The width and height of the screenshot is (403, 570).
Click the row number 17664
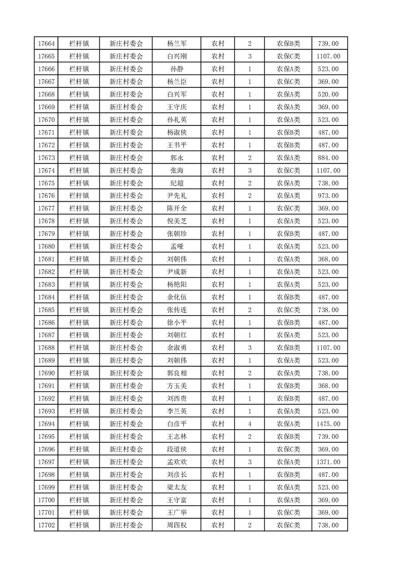[46, 44]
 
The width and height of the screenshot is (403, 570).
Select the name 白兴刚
[176, 56]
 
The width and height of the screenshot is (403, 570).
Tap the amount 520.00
[328, 94]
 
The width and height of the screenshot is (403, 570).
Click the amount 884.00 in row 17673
[328, 158]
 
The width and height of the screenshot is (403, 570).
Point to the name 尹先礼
[176, 196]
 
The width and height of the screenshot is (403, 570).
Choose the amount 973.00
[328, 196]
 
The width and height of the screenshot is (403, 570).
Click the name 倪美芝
[176, 221]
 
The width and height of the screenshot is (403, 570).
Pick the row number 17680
[46, 246]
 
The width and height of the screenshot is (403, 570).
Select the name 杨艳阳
[176, 284]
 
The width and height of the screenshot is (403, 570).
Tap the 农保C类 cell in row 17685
[288, 310]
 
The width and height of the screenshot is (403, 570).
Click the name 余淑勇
[176, 348]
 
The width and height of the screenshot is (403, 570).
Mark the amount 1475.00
[328, 424]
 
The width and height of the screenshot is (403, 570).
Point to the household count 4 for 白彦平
[250, 424]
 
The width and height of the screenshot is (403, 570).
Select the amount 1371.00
[328, 462]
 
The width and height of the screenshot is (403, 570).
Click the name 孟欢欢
[176, 462]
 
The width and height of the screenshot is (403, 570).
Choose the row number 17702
[46, 525]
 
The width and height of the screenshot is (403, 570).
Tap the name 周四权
[176, 525]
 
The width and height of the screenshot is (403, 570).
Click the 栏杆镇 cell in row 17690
[79, 373]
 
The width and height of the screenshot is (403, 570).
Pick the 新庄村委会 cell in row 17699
[126, 487]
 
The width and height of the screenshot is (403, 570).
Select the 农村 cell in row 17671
[218, 133]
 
